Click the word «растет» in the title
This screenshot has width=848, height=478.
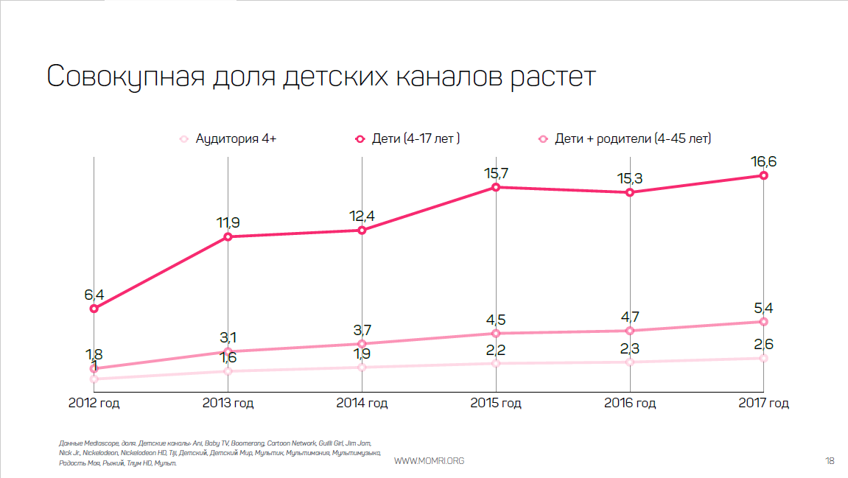(551, 77)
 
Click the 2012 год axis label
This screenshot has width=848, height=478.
(94, 403)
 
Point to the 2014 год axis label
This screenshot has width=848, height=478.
(362, 403)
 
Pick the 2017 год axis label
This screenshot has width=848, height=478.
(764, 403)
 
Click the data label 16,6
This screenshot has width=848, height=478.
(764, 161)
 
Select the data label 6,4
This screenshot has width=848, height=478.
(94, 295)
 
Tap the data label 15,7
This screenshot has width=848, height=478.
(496, 173)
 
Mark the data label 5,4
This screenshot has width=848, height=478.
(764, 307)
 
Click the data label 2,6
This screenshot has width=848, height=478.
(764, 344)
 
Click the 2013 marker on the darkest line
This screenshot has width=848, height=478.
(228, 236)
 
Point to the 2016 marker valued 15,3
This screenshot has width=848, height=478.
(630, 193)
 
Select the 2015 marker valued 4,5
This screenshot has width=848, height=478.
(496, 334)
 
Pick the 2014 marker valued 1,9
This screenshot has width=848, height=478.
(362, 367)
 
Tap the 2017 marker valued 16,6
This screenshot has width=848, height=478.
(764, 175)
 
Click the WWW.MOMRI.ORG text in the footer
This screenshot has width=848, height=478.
(430, 461)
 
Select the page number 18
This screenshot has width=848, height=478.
(830, 461)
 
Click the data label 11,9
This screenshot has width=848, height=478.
(228, 222)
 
